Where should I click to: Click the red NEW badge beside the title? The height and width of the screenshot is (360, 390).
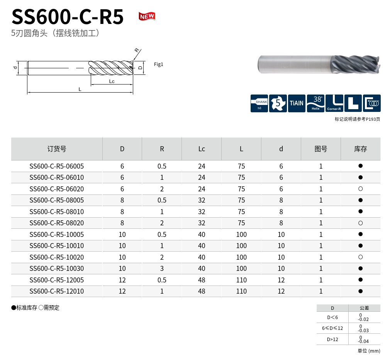click(147, 17)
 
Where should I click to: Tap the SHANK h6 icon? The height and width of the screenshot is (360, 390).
click(259, 103)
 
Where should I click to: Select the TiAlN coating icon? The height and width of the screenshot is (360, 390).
click(297, 103)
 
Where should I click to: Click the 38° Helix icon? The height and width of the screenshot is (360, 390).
click(315, 103)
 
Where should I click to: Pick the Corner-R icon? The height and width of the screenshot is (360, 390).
click(334, 103)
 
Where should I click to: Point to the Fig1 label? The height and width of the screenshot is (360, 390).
click(158, 64)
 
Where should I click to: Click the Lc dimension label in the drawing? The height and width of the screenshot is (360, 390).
click(112, 81)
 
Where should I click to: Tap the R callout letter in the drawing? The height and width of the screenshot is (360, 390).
click(137, 50)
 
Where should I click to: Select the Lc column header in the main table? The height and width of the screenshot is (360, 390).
click(202, 149)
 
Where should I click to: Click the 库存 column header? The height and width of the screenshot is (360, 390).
click(360, 149)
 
